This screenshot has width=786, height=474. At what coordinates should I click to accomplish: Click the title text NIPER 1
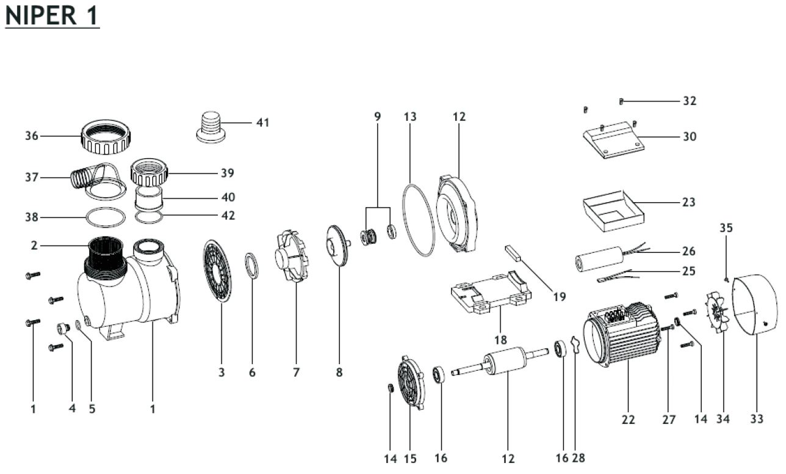tap(52, 15)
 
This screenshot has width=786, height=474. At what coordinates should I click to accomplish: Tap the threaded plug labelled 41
tap(211, 127)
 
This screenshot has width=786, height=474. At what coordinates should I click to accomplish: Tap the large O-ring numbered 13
tap(419, 219)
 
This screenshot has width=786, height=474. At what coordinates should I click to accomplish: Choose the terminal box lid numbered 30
tap(611, 140)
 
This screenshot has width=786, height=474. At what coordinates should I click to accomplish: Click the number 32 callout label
tap(690, 101)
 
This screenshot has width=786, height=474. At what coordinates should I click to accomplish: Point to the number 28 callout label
tap(579, 458)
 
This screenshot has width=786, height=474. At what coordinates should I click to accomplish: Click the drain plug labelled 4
tap(63, 329)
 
